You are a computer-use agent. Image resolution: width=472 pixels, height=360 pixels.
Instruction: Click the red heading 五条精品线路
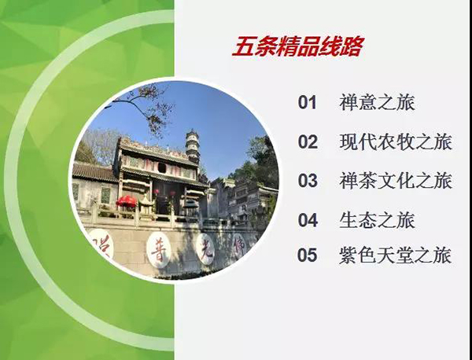(298, 46)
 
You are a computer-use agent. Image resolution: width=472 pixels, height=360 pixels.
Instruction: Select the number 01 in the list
(308, 102)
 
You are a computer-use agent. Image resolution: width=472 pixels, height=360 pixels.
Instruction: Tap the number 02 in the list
(308, 141)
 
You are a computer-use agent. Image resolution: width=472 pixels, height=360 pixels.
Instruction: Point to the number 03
(308, 181)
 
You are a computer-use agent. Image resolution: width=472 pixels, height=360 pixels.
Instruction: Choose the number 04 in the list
(308, 220)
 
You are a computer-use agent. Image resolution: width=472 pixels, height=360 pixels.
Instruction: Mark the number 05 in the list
(308, 255)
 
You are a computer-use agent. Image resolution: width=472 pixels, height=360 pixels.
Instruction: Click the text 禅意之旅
(377, 102)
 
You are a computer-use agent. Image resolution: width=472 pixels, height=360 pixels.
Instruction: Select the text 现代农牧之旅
(396, 141)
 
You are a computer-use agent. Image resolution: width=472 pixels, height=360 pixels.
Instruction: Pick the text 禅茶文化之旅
(396, 181)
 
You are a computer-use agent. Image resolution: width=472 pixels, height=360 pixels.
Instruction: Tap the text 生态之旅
(377, 220)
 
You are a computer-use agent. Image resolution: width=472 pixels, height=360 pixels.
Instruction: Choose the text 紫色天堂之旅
(396, 255)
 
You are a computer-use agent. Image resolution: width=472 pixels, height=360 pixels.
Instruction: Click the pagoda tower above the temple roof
(193, 146)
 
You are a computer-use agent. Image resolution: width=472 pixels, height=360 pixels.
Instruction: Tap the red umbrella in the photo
(127, 201)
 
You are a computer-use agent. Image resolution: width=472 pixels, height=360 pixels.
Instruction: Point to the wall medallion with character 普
(158, 250)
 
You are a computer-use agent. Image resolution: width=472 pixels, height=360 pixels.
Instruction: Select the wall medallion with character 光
(205, 248)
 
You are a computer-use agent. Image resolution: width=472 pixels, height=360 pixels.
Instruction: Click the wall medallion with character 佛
(239, 245)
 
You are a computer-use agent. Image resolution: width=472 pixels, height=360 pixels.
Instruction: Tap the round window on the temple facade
(161, 168)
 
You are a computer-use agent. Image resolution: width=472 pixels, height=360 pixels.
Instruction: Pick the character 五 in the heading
(242, 46)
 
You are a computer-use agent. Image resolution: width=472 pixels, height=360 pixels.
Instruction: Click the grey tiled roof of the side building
(94, 172)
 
